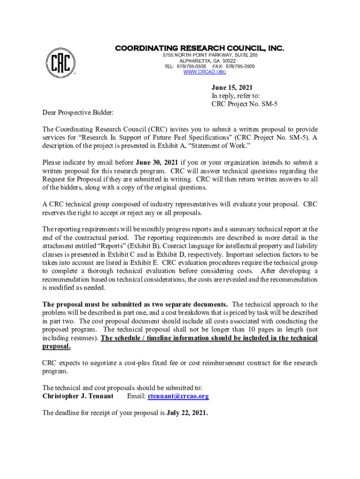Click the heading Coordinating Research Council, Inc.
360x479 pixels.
[x=200, y=48]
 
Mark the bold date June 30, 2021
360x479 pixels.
[x=157, y=162]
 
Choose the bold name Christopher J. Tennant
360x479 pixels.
[x=78, y=396]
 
